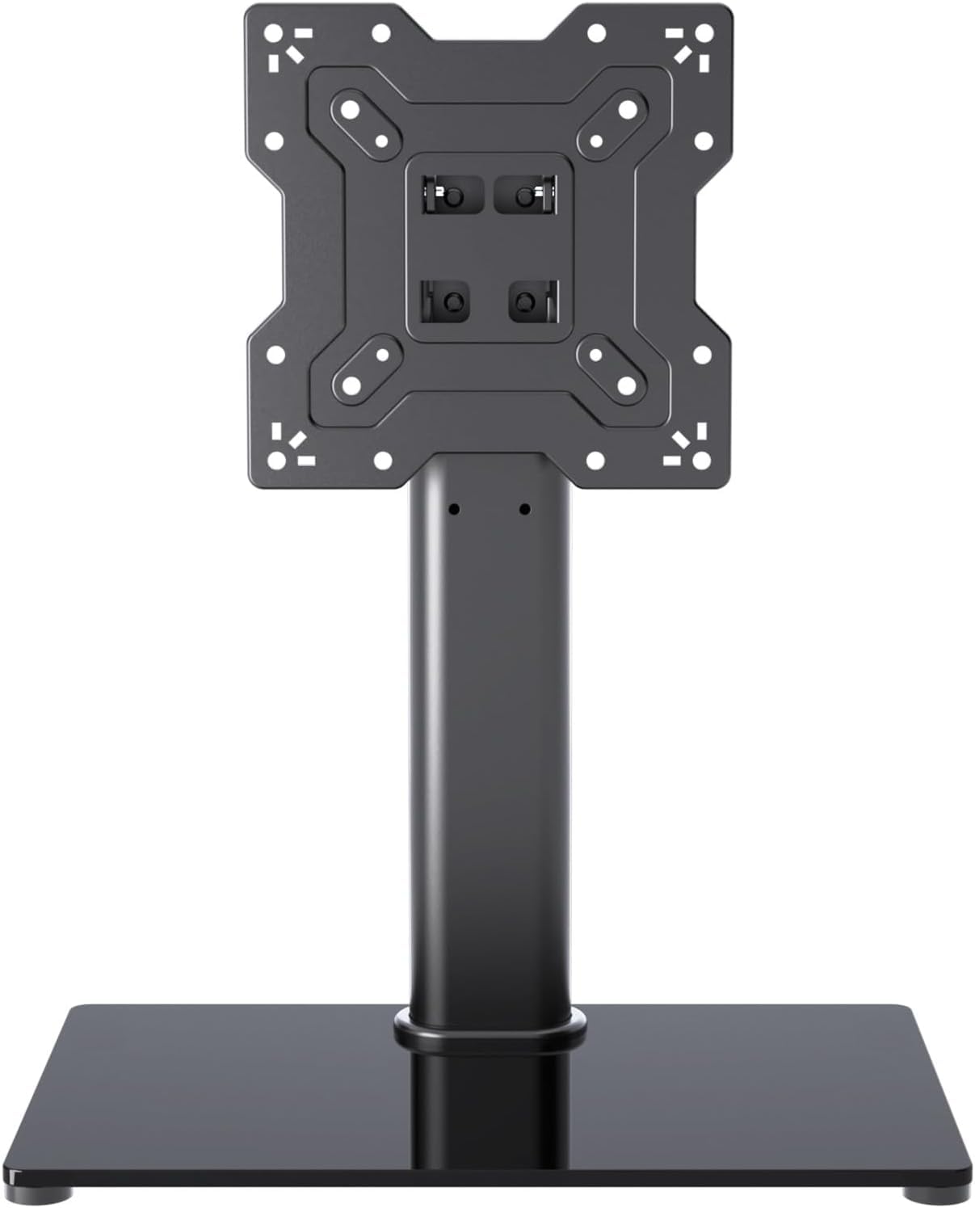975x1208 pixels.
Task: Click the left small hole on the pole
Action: point(454,509)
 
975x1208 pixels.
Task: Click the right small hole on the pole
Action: point(525,509)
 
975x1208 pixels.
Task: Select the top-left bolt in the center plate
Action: point(454,196)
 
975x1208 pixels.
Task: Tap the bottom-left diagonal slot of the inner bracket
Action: point(363,368)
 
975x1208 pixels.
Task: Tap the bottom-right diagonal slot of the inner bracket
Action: point(611,368)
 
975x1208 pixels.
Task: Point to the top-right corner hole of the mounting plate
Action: point(703,33)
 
